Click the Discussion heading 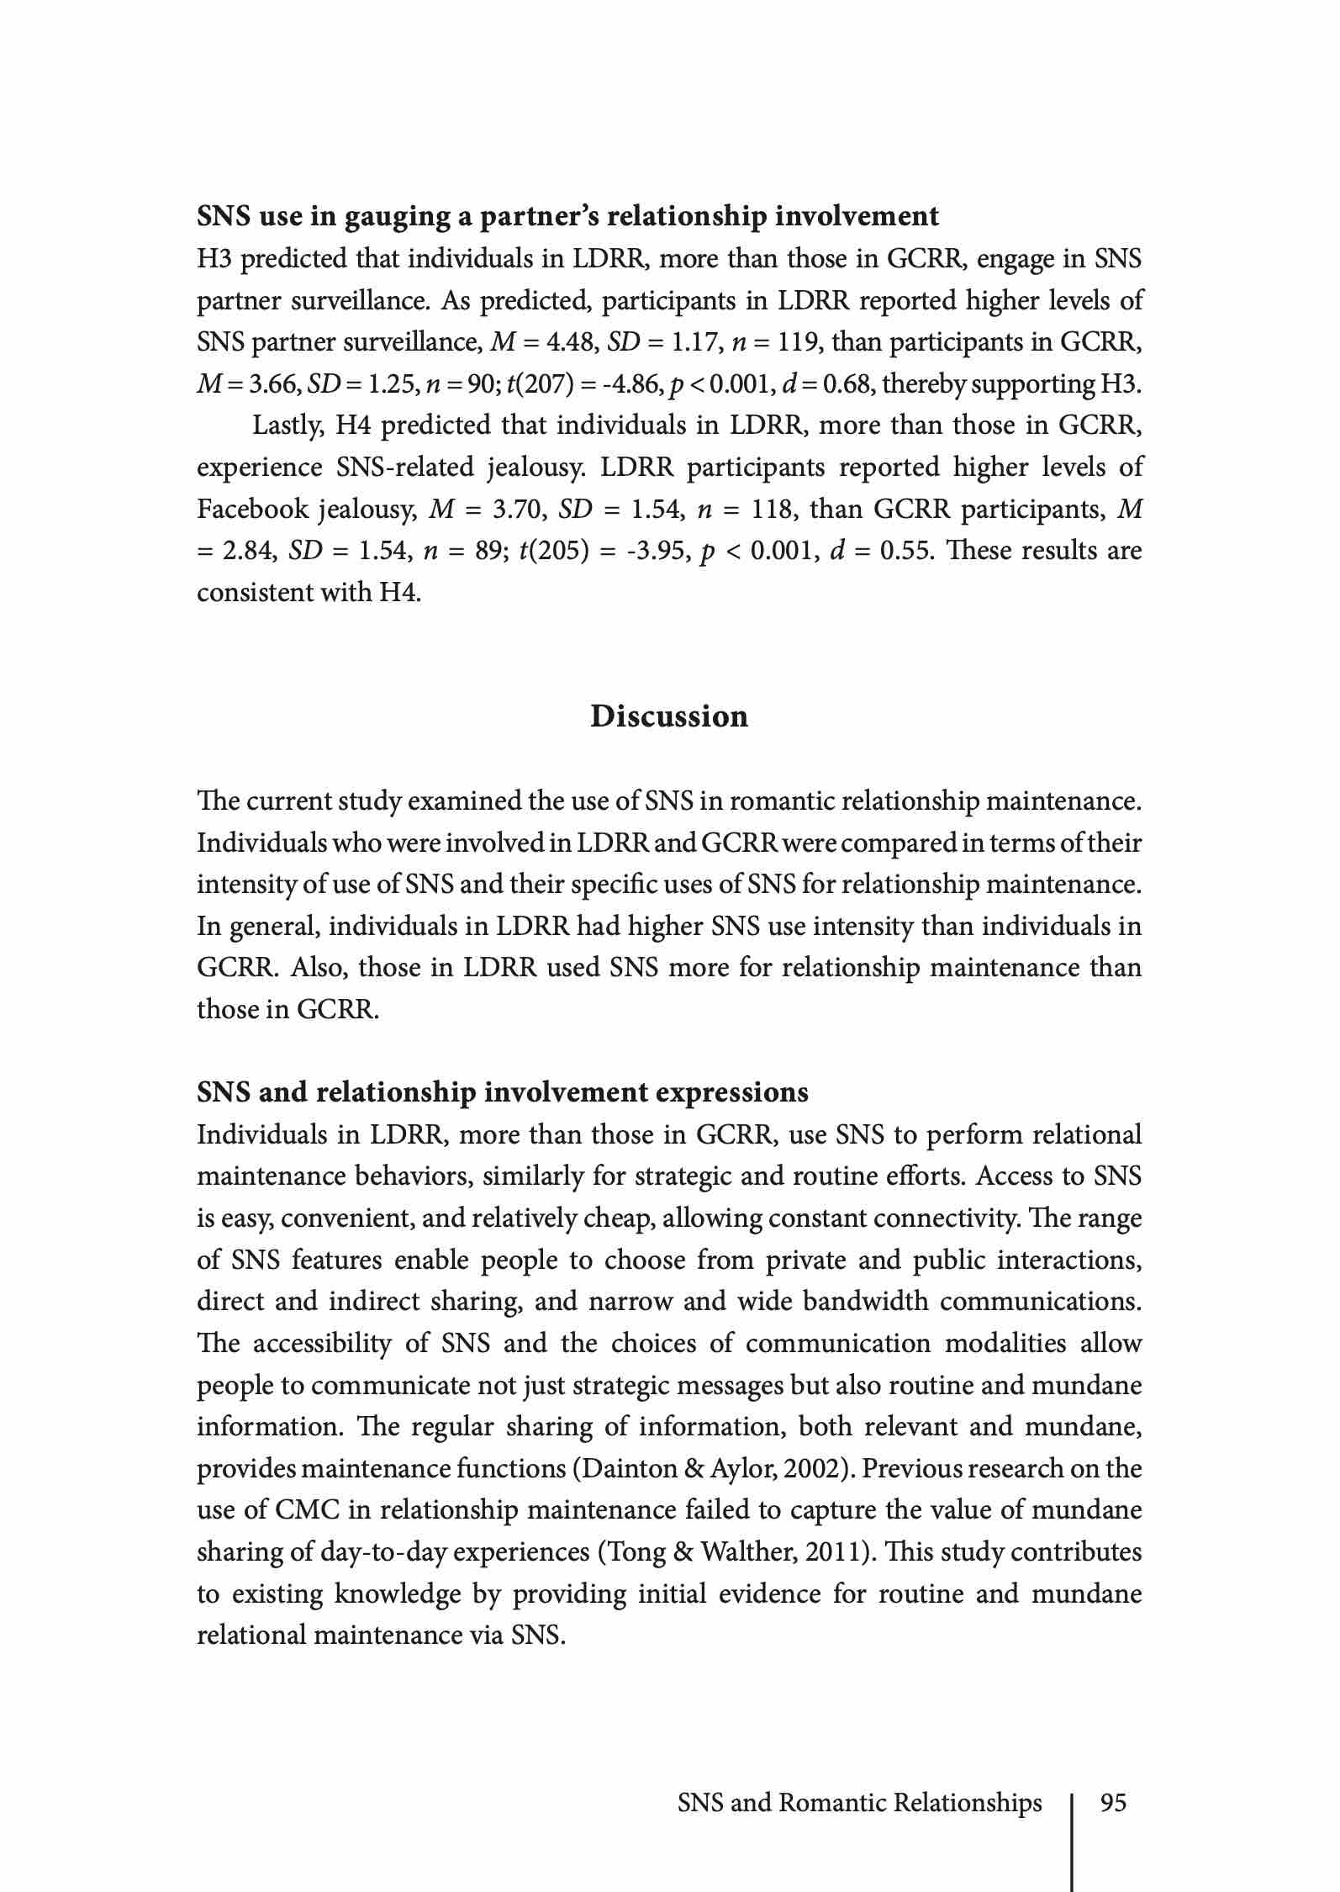click(x=669, y=716)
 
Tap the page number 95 click(x=1113, y=1803)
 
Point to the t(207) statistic click(x=537, y=384)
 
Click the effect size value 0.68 click(x=843, y=384)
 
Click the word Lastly click(x=286, y=425)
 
